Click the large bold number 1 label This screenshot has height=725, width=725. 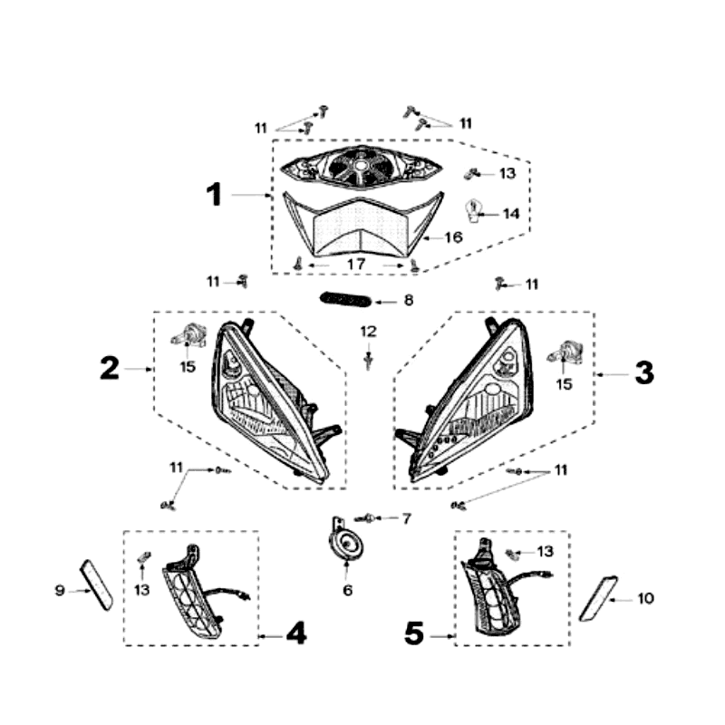[214, 194]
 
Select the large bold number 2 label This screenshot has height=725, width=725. [110, 368]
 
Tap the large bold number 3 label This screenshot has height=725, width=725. [644, 372]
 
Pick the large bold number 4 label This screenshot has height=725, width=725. [296, 633]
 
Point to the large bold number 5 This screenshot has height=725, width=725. [414, 633]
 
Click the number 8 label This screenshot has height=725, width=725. [409, 300]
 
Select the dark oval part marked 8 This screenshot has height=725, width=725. [346, 299]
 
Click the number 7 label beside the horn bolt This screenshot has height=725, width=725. [406, 518]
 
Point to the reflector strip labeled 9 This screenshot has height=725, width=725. [97, 585]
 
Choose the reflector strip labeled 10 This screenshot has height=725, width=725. [598, 598]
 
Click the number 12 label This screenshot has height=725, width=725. [369, 332]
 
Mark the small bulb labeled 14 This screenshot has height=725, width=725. [472, 211]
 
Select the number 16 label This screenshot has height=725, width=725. [454, 237]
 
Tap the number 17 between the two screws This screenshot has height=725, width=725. [356, 264]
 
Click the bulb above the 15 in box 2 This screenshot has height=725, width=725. [188, 336]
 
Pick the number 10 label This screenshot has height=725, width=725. [645, 598]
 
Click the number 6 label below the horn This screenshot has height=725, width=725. [348, 590]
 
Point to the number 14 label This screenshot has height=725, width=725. [511, 214]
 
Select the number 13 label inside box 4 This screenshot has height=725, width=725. [142, 590]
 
